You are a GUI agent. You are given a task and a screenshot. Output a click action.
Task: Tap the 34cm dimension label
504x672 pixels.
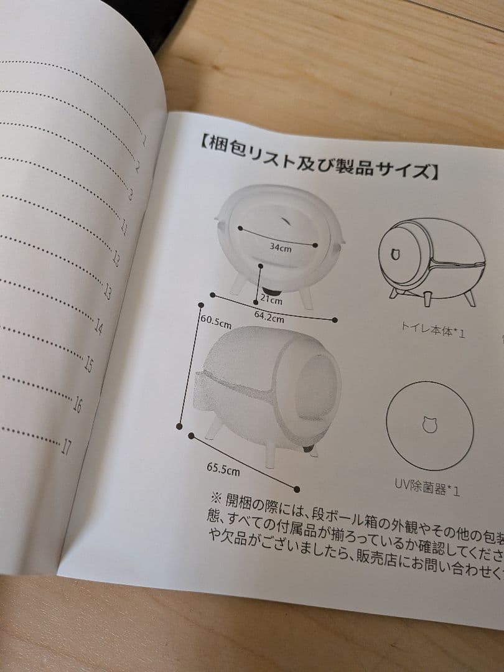280,247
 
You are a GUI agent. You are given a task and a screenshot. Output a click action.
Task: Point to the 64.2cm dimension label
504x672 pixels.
269,317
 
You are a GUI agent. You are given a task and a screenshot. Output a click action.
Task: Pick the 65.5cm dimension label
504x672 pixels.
223,469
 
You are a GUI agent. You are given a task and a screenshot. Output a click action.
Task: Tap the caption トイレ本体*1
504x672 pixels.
434,329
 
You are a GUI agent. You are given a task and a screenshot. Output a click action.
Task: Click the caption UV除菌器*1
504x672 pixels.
427,486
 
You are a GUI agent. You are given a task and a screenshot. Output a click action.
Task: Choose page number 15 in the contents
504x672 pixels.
88,364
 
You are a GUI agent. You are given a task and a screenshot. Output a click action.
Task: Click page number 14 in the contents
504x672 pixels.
98,326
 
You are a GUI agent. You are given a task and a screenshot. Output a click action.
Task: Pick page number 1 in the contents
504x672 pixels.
144,140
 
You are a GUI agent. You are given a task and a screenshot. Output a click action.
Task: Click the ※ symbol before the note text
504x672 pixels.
216,498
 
